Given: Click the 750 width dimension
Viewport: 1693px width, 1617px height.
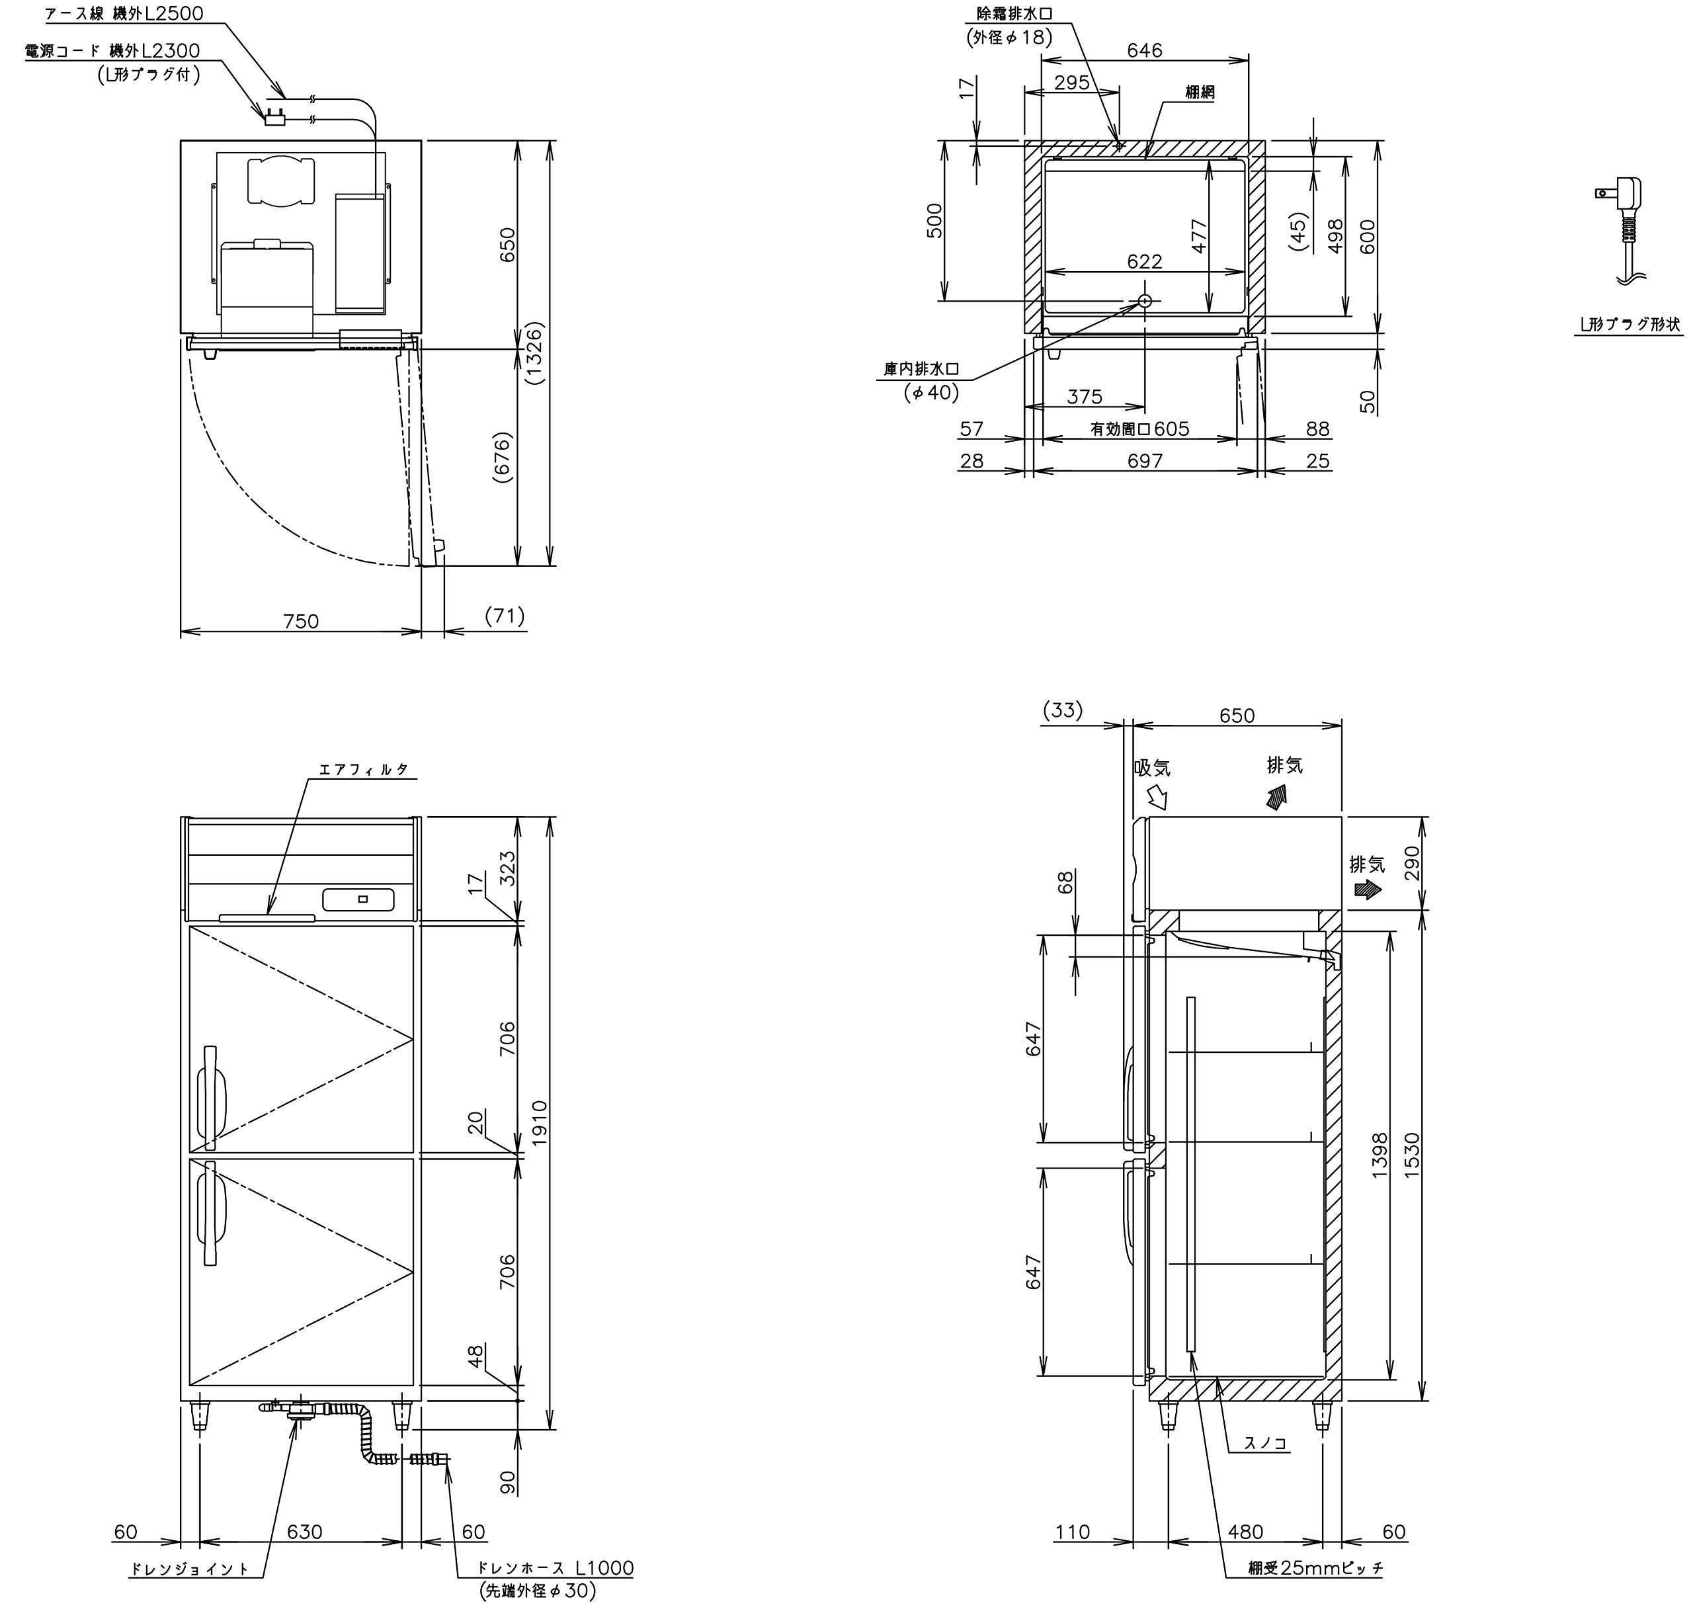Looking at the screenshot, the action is pyautogui.click(x=301, y=620).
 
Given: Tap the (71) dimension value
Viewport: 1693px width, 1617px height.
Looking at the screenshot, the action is pyautogui.click(x=505, y=616).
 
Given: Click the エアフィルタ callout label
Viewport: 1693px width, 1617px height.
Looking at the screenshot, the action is pyautogui.click(x=364, y=769).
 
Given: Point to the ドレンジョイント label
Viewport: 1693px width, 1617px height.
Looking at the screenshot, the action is pyautogui.click(x=190, y=1593).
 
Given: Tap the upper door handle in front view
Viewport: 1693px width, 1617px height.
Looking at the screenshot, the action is pyautogui.click(x=210, y=1097).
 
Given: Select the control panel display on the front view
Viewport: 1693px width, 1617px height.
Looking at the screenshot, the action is pyautogui.click(x=358, y=899).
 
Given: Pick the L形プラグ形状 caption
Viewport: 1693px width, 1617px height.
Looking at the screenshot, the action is pyautogui.click(x=1628, y=324).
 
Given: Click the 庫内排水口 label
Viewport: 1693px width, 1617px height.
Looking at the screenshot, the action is pyautogui.click(x=921, y=369).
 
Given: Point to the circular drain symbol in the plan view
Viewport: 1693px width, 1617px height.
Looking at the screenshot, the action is pyautogui.click(x=1145, y=301).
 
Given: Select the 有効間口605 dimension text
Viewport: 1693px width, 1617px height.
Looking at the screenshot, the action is pyautogui.click(x=1139, y=429).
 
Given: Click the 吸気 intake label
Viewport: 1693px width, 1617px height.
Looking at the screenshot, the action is pyautogui.click(x=1153, y=767).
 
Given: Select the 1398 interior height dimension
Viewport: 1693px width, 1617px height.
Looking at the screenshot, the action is pyautogui.click(x=1380, y=1155).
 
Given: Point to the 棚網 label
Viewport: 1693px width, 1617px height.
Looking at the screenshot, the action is pyautogui.click(x=1199, y=92).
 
